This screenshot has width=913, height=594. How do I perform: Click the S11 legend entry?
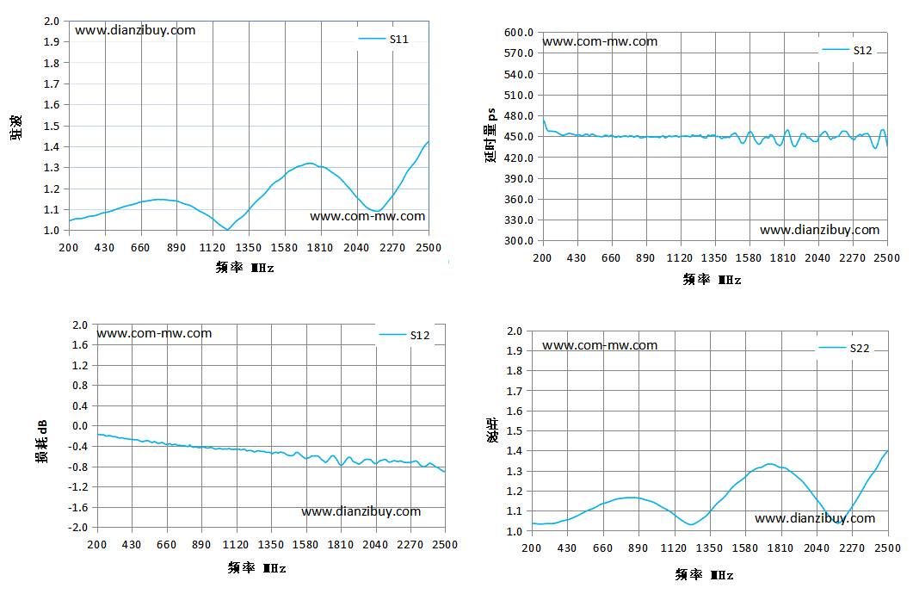[x=383, y=39]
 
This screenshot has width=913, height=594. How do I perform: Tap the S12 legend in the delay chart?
[x=847, y=51]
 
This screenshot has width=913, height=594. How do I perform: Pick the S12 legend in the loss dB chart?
[x=404, y=335]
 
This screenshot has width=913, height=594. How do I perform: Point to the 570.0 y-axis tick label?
[x=519, y=53]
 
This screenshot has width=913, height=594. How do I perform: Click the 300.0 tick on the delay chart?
[x=519, y=240]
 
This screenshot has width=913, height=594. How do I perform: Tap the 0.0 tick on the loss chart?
[x=80, y=425]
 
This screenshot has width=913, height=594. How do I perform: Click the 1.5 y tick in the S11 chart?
[x=52, y=126]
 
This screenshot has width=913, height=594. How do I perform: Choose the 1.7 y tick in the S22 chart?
[x=515, y=391]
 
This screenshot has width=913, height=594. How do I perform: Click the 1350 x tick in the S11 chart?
[x=249, y=248]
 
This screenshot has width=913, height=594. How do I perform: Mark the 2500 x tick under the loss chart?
[x=446, y=544]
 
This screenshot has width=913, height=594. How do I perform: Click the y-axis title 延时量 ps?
[x=490, y=136]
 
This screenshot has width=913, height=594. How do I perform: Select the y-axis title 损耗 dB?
[x=42, y=442]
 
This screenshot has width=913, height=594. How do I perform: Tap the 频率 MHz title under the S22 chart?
[x=705, y=575]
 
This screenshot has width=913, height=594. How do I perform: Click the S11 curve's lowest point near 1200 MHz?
[x=227, y=230]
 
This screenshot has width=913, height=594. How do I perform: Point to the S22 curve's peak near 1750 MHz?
[x=770, y=464]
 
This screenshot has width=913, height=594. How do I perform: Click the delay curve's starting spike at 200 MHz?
[x=544, y=120]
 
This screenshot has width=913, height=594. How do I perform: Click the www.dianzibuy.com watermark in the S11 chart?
[x=135, y=30]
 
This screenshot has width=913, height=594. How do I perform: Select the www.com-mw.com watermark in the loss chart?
[x=154, y=333]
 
